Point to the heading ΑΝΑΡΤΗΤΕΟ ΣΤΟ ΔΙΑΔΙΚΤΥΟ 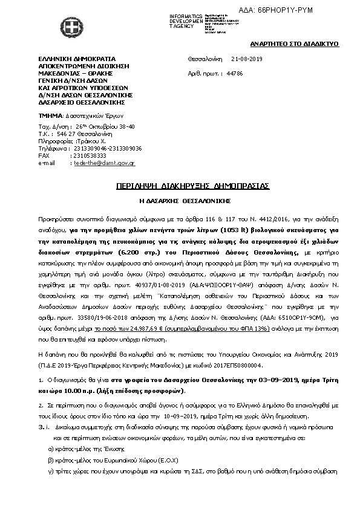click(295, 44)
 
